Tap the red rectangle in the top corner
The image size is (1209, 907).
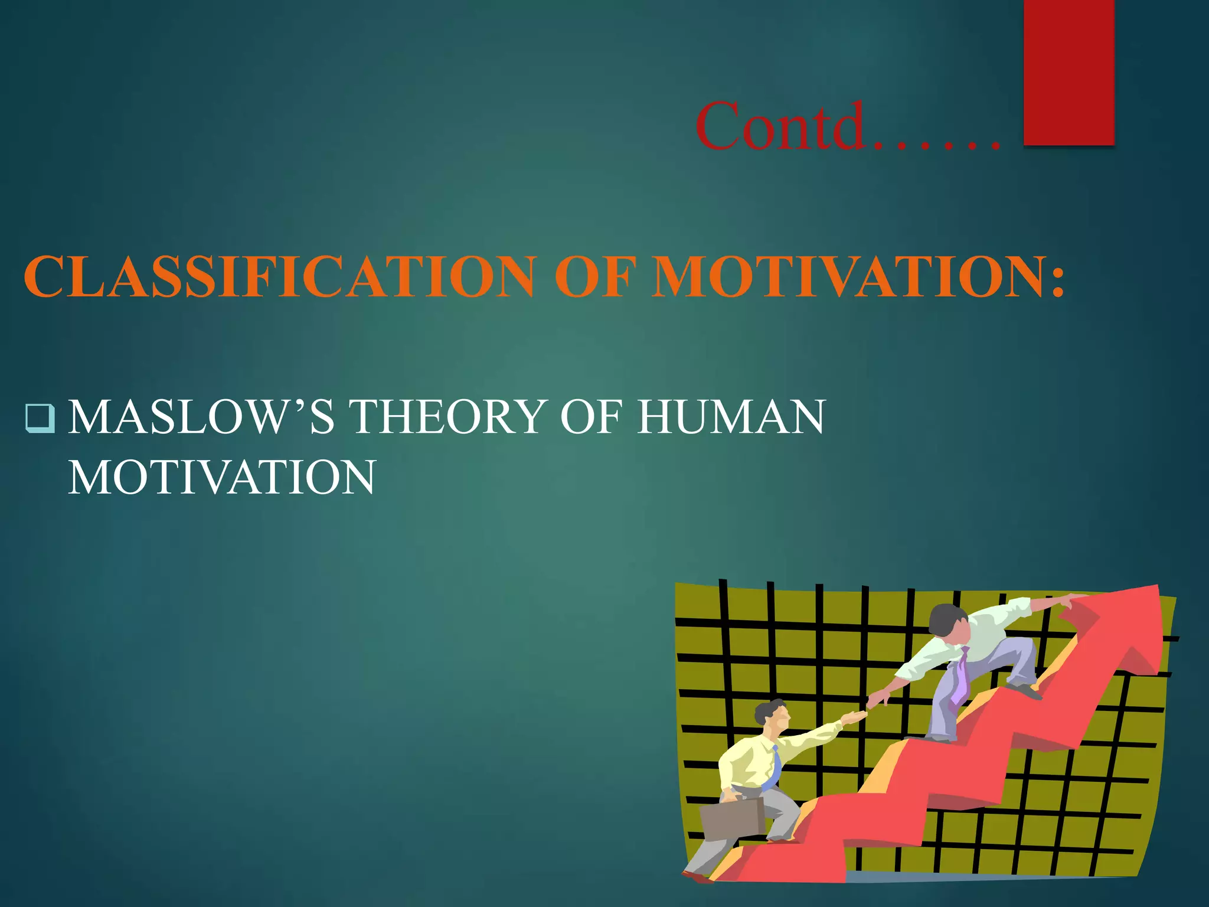[x=1069, y=71]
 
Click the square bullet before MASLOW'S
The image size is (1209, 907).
[x=40, y=418]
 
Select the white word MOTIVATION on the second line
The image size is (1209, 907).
[x=222, y=477]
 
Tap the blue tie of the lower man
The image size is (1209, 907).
[x=773, y=768]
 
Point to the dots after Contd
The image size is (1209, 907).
[x=939, y=142]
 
